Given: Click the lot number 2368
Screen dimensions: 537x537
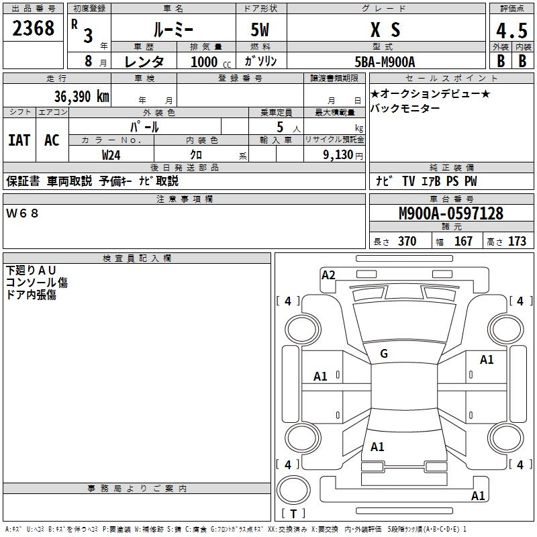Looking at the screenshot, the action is (34, 29).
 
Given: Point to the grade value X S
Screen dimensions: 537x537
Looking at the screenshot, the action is (385, 30).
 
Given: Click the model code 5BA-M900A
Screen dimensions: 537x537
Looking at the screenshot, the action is (385, 62).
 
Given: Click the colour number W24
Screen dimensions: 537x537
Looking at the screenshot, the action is (111, 154).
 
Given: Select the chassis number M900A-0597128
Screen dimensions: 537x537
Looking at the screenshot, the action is (450, 213).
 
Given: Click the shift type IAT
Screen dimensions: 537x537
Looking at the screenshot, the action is (19, 140).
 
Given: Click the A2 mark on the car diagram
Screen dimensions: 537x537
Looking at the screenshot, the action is (328, 275).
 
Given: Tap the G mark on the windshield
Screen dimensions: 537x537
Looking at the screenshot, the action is (384, 354).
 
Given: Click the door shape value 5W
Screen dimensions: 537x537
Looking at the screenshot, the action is (260, 30).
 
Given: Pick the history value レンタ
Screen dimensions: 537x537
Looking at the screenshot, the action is (144, 62).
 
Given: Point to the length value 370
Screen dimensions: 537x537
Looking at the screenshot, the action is (407, 242).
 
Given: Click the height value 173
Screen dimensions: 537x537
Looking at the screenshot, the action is (517, 242).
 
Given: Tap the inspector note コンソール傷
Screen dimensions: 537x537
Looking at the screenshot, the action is (37, 283).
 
